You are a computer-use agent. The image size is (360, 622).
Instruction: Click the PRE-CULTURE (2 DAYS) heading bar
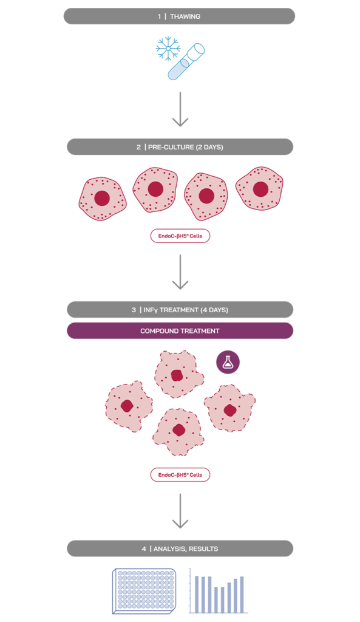(x=180, y=147)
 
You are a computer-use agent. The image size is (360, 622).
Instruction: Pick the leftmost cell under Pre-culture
(x=101, y=199)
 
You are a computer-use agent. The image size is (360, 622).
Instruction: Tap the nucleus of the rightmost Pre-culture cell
(x=260, y=189)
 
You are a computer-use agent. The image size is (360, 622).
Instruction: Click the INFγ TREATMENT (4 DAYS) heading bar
(x=180, y=310)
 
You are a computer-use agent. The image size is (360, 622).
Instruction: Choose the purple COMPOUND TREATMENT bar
(x=180, y=331)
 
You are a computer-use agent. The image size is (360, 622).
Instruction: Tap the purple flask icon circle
(x=228, y=362)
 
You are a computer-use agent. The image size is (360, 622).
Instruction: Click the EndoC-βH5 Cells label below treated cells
(x=180, y=474)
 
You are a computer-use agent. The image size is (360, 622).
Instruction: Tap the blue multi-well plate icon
(x=143, y=590)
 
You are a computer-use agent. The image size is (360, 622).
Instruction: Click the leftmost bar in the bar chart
(x=197, y=593)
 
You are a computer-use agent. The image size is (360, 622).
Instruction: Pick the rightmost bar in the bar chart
(x=242, y=594)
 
